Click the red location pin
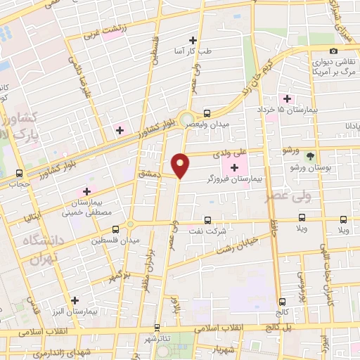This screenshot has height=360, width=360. pyautogui.click(x=181, y=165)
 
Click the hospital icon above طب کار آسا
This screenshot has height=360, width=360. pyautogui.click(x=193, y=41)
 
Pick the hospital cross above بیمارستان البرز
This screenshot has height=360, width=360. pyautogui.click(x=75, y=300)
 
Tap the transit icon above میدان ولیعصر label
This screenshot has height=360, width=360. pyautogui.click(x=207, y=113)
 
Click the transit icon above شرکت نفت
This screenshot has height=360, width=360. pyautogui.click(x=207, y=220)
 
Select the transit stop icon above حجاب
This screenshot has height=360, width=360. pyautogui.click(x=19, y=173)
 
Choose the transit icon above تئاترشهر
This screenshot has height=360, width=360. pyautogui.click(x=156, y=327)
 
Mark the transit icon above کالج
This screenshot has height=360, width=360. pyautogui.click(x=282, y=301)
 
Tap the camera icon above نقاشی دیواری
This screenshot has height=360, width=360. pyautogui.click(x=333, y=51)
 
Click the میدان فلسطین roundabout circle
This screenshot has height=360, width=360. pyautogui.click(x=130, y=225)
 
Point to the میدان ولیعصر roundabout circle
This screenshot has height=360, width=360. pyautogui.click(x=186, y=120)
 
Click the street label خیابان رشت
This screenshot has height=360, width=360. pyautogui.click(x=238, y=245)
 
